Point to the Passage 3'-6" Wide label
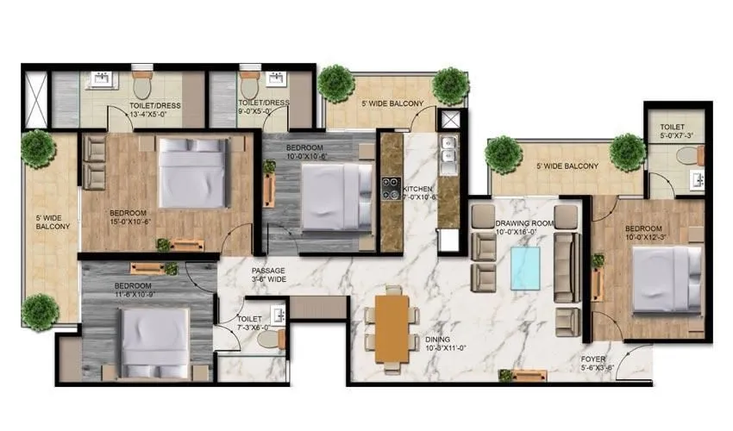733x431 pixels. tap(269, 275)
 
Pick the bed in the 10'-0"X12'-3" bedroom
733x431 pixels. tap(667, 280)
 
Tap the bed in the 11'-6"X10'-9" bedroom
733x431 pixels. tap(155, 340)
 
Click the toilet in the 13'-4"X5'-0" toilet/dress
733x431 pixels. tap(142, 86)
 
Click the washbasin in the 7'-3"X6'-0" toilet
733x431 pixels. tap(277, 313)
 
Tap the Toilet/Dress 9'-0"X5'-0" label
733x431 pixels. tap(263, 106)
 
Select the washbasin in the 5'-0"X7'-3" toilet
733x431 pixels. tap(699, 180)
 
